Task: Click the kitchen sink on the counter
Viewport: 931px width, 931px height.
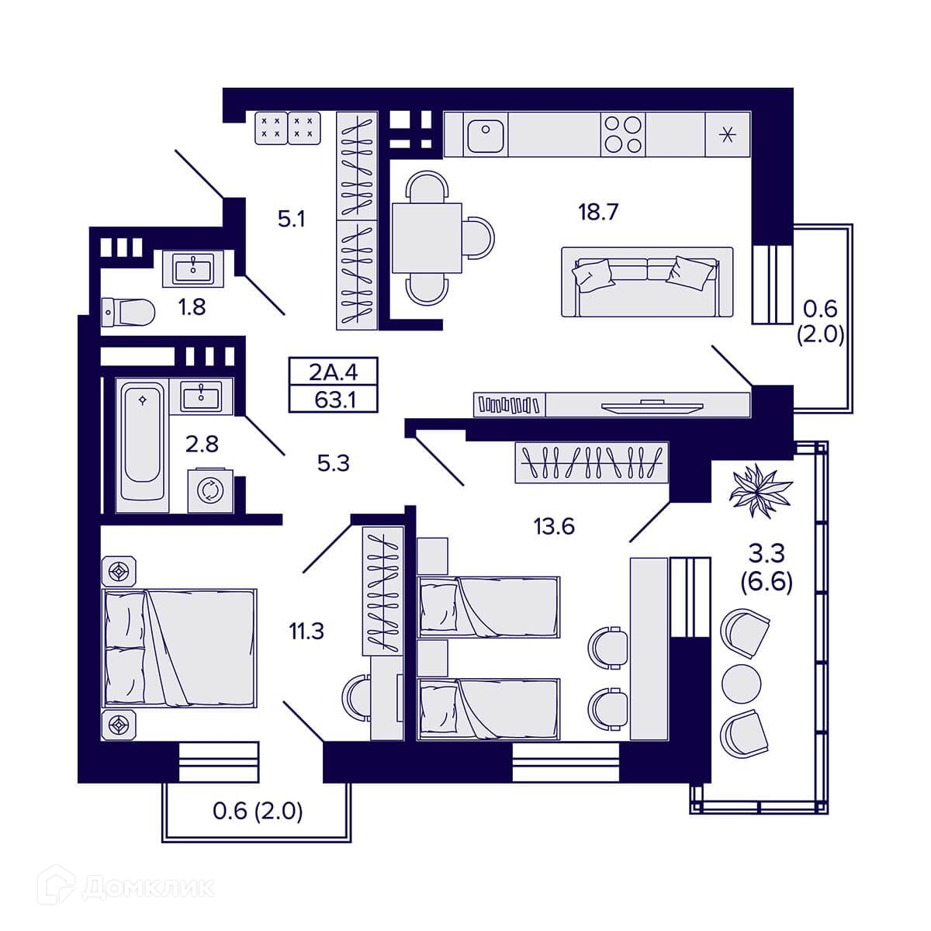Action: pos(485,134)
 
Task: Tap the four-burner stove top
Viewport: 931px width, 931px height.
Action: pos(623,134)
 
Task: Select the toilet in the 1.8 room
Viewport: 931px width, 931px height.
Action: pos(128,312)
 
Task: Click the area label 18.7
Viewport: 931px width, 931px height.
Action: pos(599,212)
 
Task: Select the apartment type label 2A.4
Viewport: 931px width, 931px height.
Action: pos(334,372)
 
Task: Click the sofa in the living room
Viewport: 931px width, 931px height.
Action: pos(647,282)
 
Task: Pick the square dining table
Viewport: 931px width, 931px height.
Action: pos(427,237)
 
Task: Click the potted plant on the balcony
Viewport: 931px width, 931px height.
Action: pos(760,490)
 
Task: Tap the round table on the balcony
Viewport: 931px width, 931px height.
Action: pos(741,684)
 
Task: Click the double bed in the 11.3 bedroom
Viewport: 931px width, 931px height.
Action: pos(178,648)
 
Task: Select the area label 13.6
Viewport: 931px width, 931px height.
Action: pos(554,526)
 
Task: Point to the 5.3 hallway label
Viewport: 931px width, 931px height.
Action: pos(334,463)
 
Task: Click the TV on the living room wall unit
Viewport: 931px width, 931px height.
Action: pos(652,407)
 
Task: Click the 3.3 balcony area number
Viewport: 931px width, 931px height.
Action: pos(767,554)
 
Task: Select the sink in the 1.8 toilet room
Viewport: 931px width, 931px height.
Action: pos(193,268)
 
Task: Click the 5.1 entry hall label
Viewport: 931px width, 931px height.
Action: pos(292,219)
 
